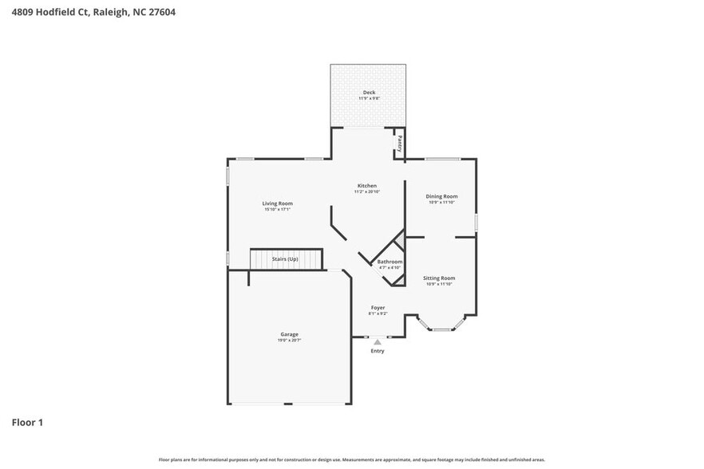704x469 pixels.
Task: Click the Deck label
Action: tap(368, 93)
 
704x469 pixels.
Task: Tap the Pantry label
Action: tap(399, 144)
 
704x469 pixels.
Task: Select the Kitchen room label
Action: tap(366, 186)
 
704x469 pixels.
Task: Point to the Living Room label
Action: tap(277, 203)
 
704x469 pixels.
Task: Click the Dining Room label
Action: tap(441, 196)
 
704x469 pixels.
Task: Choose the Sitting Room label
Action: tap(439, 278)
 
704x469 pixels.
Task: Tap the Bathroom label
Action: tap(390, 262)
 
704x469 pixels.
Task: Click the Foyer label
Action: tap(378, 307)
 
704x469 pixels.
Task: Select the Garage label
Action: tap(289, 334)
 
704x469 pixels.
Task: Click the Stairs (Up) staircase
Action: tap(286, 259)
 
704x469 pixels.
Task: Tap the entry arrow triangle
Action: tap(378, 342)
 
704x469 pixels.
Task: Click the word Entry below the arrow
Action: tap(378, 351)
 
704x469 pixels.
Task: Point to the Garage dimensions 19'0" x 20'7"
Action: tap(289, 341)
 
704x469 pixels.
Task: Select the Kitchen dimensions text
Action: tap(366, 192)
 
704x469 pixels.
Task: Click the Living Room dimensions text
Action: tap(277, 210)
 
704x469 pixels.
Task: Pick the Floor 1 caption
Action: tap(27, 422)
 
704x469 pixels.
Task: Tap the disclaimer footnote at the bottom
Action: tap(352, 459)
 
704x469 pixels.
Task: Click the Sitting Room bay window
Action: tap(441, 328)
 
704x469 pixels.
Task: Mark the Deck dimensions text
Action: tap(368, 99)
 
